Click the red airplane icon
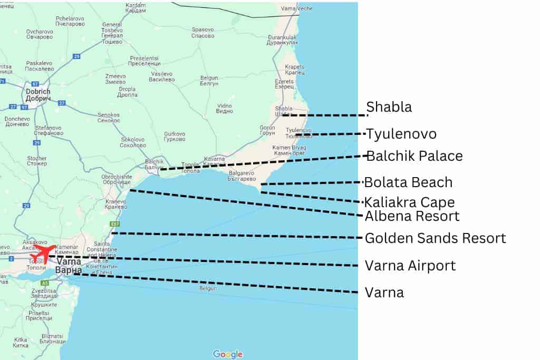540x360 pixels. click(x=44, y=252)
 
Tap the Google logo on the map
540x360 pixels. click(x=228, y=354)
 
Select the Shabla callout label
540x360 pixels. click(x=389, y=107)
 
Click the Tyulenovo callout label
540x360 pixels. click(x=401, y=134)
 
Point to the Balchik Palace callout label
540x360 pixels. click(x=414, y=156)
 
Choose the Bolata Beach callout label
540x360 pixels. click(x=409, y=182)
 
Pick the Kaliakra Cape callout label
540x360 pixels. click(x=410, y=202)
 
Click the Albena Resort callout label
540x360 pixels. click(x=412, y=216)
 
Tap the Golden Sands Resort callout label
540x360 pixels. click(x=436, y=238)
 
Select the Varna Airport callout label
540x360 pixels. click(x=410, y=265)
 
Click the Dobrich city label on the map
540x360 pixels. click(x=38, y=95)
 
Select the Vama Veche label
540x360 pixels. click(x=296, y=9)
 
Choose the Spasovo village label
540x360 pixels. click(x=203, y=32)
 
